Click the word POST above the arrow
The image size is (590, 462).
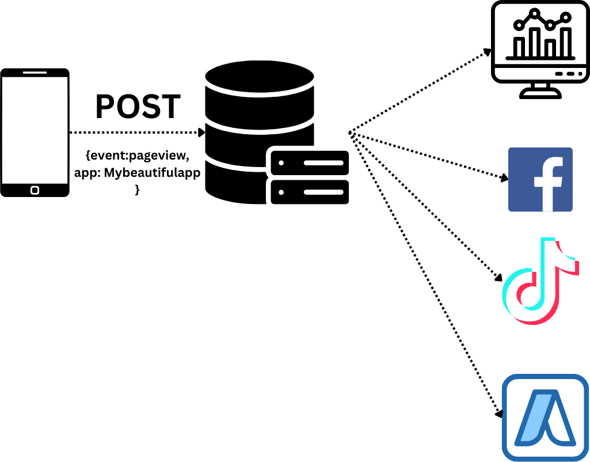click(x=138, y=107)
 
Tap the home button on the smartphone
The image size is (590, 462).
click(x=35, y=190)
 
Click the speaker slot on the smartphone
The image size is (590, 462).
click(x=35, y=73)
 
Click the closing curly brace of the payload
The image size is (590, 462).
click(x=137, y=190)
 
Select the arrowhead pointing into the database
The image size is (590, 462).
click(x=201, y=132)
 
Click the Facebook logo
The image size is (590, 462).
click(x=540, y=179)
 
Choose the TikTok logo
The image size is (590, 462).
click(x=539, y=281)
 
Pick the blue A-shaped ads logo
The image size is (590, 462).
click(x=545, y=418)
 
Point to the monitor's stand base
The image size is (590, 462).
click(x=540, y=94)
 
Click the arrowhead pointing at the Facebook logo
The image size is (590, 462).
click(x=505, y=178)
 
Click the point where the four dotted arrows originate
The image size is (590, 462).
click(x=350, y=134)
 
